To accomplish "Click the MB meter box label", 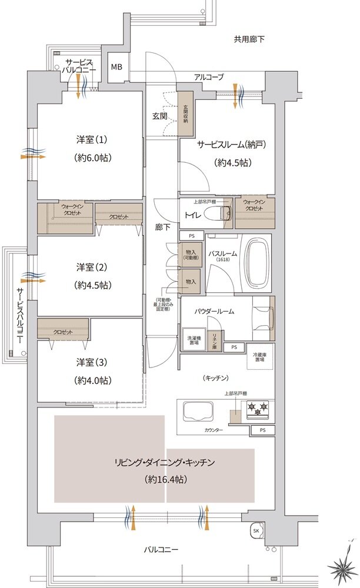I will coord(116,66).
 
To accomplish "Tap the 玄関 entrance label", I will coord(159,116).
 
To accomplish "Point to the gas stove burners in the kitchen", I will coord(258,406).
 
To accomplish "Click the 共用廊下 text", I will coord(249,39).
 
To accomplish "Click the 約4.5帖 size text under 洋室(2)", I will coord(91,285).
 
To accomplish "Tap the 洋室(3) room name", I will coord(91,363).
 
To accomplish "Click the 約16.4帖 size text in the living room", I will coord(165,480).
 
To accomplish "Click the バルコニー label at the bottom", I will coord(161,550).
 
